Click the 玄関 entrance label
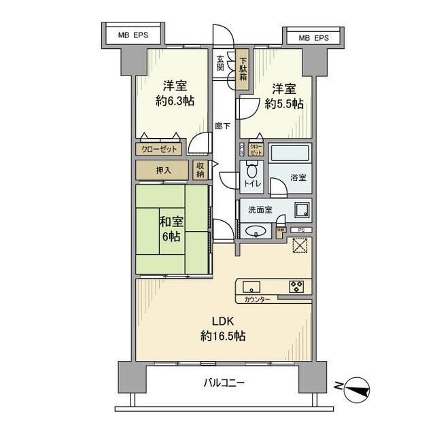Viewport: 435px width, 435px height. pyautogui.click(x=220, y=63)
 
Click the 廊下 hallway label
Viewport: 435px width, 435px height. pyautogui.click(x=221, y=126)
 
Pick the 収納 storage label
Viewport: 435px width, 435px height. pyautogui.click(x=200, y=170)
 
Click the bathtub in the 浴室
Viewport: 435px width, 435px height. pyautogui.click(x=290, y=154)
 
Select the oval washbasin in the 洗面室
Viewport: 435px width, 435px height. pyautogui.click(x=256, y=230)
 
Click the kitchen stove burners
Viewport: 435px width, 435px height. pyautogui.click(x=297, y=286)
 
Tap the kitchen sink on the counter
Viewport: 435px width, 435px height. pyautogui.click(x=249, y=286)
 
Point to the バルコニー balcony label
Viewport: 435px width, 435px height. pyautogui.click(x=224, y=383)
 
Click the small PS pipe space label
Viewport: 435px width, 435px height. pyautogui.click(x=302, y=230)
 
